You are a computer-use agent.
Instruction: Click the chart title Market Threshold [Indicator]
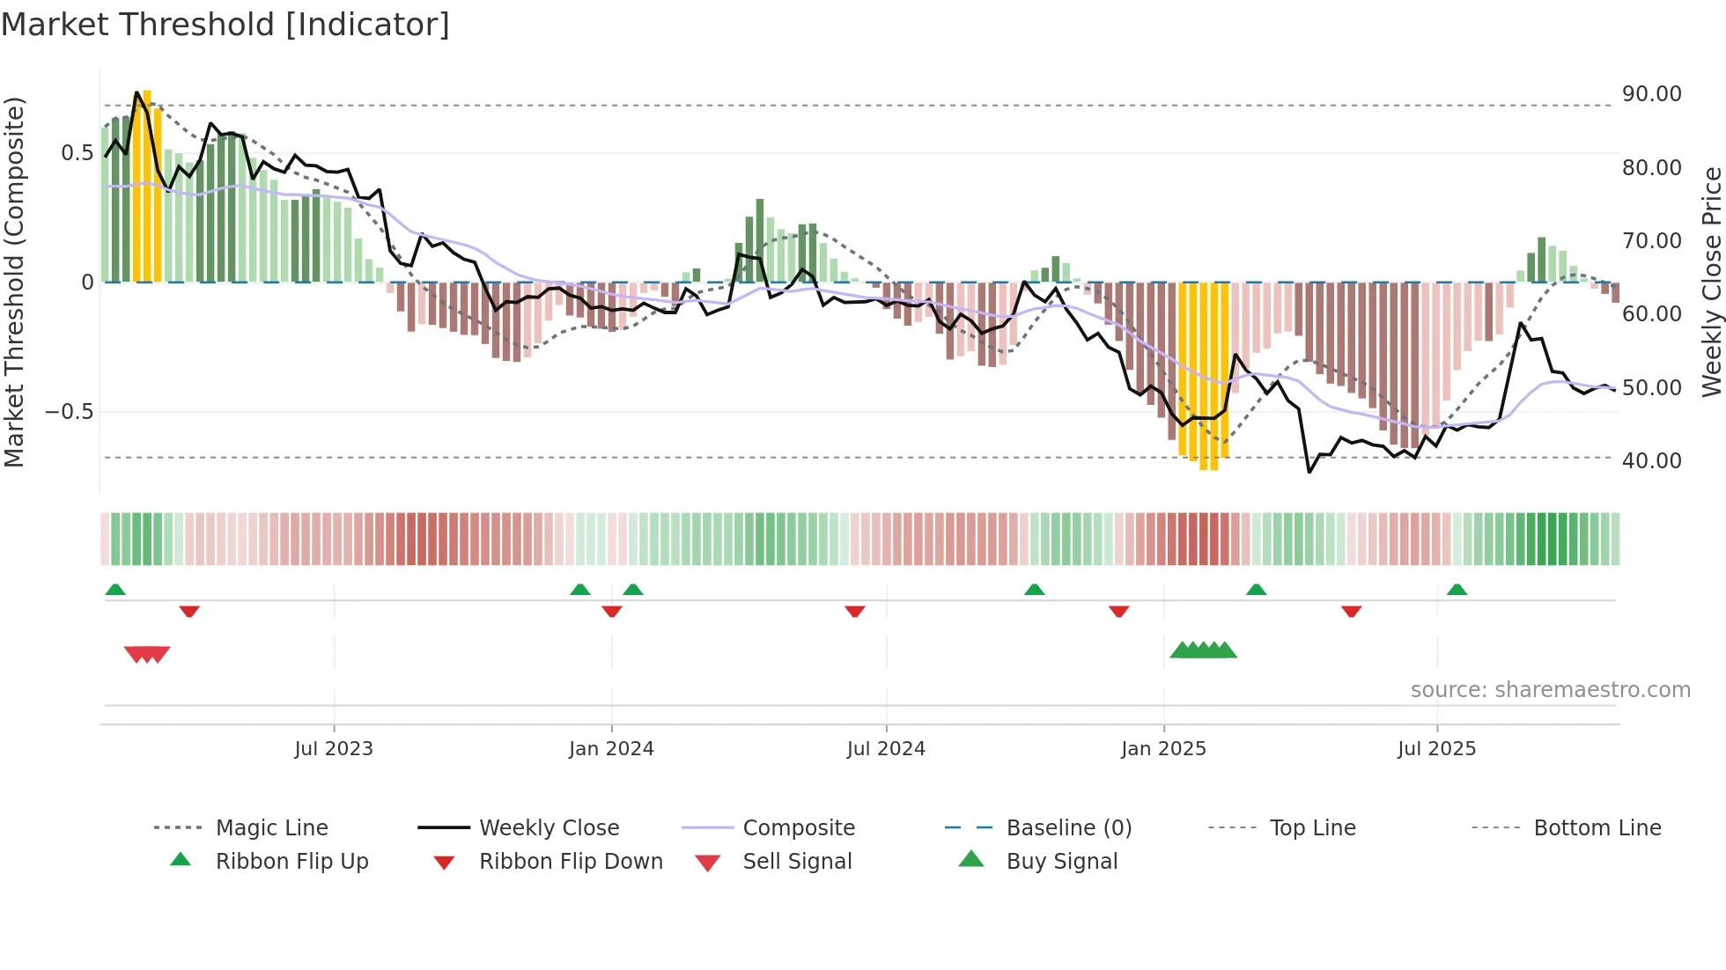pos(225,25)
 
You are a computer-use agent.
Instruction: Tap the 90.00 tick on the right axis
pos(1651,94)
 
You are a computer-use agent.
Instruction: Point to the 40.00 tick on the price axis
pos(1651,460)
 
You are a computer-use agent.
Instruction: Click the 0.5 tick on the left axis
pos(77,153)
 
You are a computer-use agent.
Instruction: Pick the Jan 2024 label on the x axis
pos(611,749)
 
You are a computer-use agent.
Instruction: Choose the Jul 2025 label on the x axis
pos(1436,749)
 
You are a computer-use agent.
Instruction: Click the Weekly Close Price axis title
pos(1711,282)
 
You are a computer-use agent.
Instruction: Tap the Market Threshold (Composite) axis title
pos(14,282)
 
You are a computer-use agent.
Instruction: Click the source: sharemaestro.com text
pos(1550,690)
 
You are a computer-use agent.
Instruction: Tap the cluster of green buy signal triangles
pos(1203,650)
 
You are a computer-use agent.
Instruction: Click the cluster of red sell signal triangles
pos(147,654)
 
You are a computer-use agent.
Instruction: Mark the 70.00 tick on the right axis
pos(1651,241)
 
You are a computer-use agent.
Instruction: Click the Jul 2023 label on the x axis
pos(334,749)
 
